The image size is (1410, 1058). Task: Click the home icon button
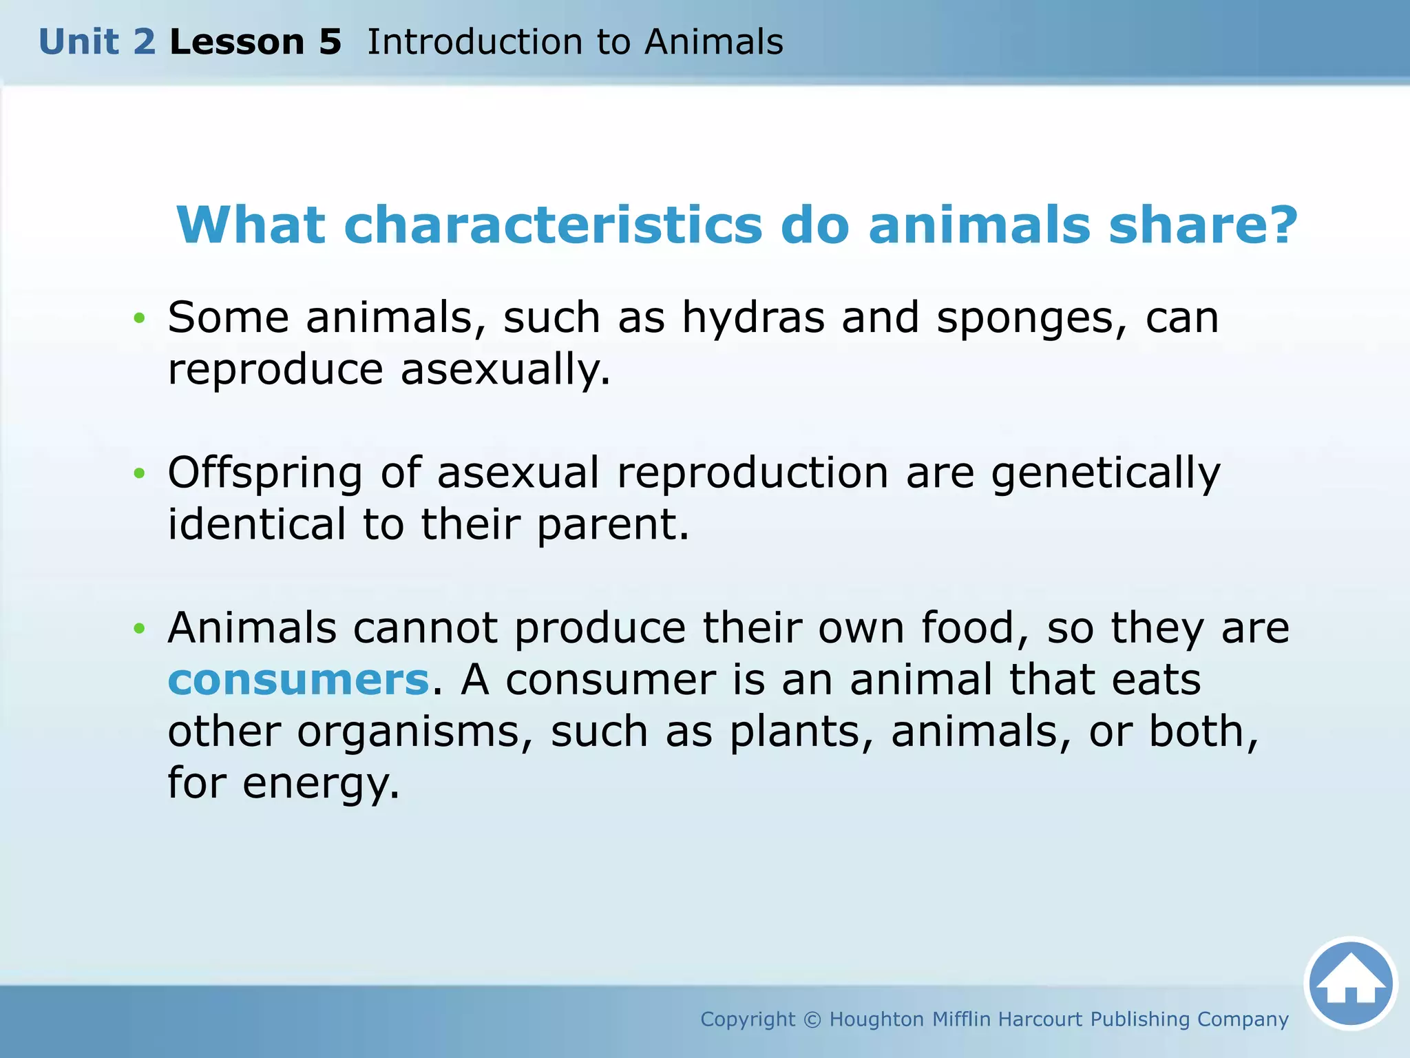tap(1350, 983)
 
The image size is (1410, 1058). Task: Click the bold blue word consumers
tap(299, 680)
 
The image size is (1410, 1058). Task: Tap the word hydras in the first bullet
tap(753, 318)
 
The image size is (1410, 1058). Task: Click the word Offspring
tap(265, 474)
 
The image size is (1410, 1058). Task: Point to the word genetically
tap(1106, 474)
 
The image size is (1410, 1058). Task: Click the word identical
tap(257, 525)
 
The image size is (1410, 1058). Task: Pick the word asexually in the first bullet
tap(505, 370)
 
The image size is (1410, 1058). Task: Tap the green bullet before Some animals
tap(140, 318)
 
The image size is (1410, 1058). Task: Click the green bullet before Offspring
tap(140, 473)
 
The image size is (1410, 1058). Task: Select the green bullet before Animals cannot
tap(140, 628)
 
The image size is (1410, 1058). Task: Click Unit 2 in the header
tap(97, 42)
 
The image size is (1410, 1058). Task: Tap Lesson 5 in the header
tap(255, 42)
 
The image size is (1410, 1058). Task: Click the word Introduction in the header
tap(474, 42)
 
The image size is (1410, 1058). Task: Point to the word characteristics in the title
tap(553, 225)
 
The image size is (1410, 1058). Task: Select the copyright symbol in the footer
tap(812, 1019)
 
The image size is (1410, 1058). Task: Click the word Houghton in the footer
tap(876, 1019)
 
